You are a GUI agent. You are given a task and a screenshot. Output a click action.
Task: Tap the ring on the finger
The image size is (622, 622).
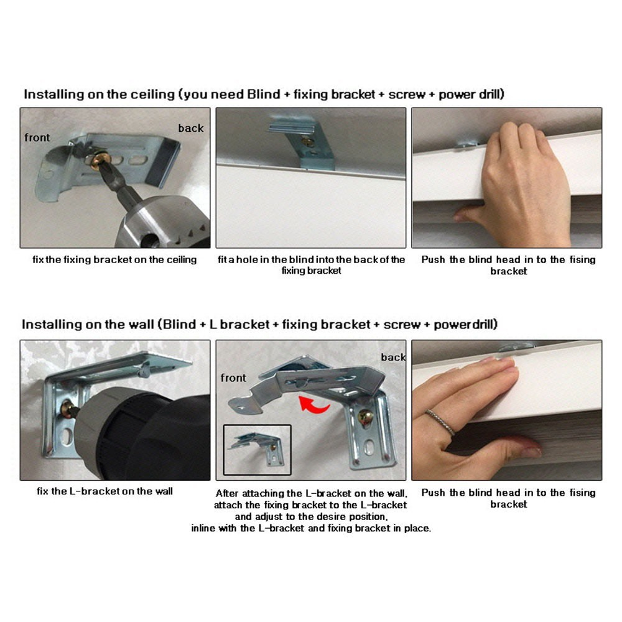point(441,422)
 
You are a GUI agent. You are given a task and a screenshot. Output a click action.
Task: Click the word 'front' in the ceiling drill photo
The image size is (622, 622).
point(37,137)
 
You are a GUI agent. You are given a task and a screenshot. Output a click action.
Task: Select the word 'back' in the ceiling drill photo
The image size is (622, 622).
point(191,128)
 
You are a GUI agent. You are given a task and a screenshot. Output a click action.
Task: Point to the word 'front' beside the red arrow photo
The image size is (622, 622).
point(233,378)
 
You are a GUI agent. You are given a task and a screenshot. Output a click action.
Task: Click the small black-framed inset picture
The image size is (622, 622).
point(257,450)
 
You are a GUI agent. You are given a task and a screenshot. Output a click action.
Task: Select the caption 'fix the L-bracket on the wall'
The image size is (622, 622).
point(105,491)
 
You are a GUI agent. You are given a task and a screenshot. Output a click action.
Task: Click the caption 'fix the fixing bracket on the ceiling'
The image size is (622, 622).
point(114,259)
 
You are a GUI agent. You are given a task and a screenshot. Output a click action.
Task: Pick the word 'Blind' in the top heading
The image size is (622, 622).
point(264,95)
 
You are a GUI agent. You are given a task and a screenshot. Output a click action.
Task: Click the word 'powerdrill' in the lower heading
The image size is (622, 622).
point(464,325)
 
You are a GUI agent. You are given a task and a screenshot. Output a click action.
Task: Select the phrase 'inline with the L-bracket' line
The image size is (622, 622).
point(311,528)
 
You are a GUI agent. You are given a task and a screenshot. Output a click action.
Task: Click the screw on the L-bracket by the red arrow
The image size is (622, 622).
point(365,417)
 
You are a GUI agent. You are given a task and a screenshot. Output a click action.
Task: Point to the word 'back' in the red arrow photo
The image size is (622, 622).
point(394,358)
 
